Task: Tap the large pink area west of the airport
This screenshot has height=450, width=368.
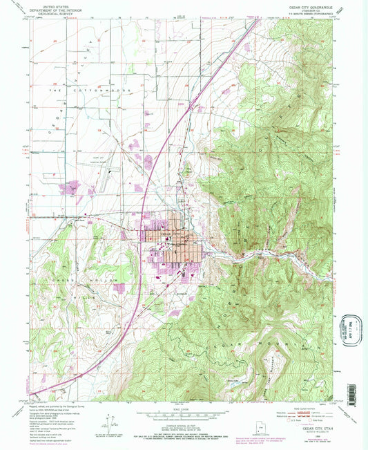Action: tap(72, 187)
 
